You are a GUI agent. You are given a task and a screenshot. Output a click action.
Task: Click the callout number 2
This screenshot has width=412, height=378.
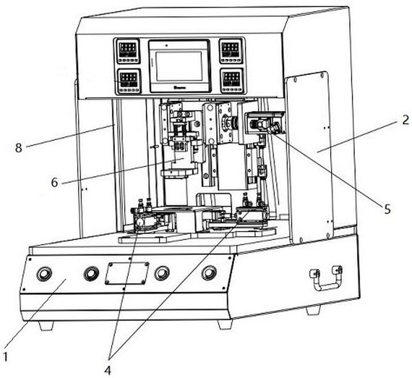click(x=405, y=120)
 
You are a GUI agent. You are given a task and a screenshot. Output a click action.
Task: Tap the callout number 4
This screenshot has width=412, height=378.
click(x=108, y=369)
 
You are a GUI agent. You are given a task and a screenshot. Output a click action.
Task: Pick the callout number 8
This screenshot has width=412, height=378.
click(x=19, y=148)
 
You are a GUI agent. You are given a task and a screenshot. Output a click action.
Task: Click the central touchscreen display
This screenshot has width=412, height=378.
click(x=179, y=66)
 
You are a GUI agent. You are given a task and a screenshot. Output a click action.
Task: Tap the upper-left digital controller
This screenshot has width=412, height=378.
click(x=127, y=50)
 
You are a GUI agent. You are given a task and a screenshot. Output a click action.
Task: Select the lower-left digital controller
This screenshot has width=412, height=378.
click(x=127, y=80)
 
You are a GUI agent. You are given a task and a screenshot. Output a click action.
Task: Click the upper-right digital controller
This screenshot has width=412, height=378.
click(x=231, y=50)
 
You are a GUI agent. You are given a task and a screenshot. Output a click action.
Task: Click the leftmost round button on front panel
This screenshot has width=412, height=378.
click(x=44, y=274)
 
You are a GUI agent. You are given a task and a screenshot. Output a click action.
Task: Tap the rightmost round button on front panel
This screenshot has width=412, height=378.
click(x=209, y=272)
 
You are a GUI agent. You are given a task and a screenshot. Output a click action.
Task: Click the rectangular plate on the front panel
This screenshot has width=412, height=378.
click(x=127, y=273)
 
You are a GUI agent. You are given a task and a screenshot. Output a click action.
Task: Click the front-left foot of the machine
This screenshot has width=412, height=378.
click(x=46, y=325)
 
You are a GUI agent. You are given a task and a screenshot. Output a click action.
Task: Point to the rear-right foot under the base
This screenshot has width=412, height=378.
click(x=313, y=310)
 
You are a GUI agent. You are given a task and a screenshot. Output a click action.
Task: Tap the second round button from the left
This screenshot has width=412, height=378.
click(x=91, y=273)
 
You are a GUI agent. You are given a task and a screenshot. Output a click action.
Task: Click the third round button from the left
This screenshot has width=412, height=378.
click(x=162, y=273)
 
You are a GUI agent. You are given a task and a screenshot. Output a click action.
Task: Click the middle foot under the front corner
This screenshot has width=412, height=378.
click(x=225, y=324)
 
